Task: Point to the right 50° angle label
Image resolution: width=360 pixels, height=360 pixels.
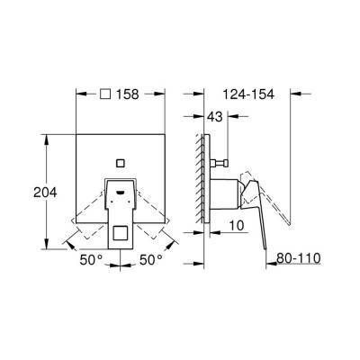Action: point(150,260)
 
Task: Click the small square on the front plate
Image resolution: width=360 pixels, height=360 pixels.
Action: point(121,164)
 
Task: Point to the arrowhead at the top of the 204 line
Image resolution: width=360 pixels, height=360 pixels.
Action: point(46,138)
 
